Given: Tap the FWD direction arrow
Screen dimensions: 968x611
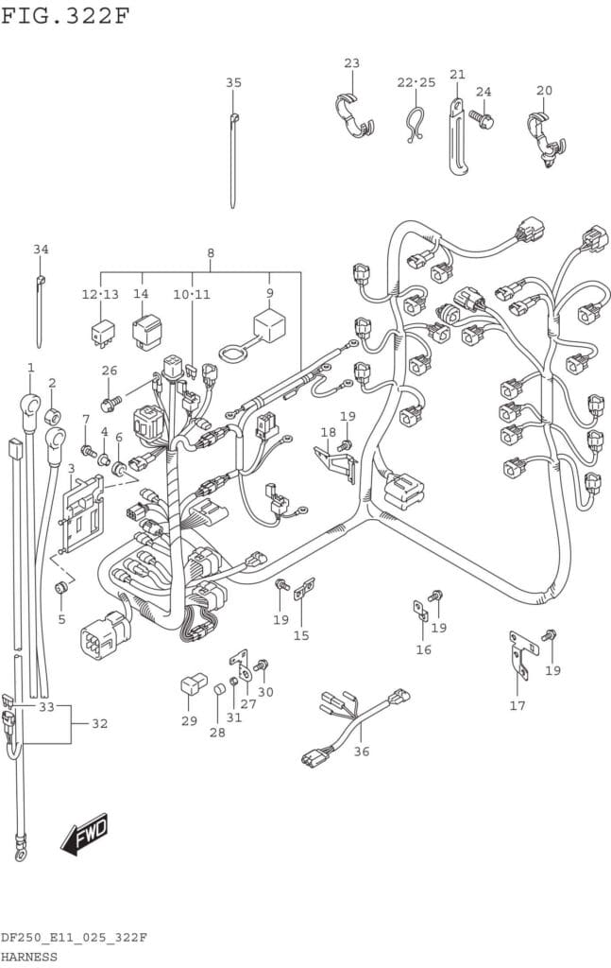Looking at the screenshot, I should (84, 834).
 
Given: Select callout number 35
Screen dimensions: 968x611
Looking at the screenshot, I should (233, 83).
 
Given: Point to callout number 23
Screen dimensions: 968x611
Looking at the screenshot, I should (351, 63).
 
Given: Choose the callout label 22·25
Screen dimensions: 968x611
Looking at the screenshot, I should (416, 83).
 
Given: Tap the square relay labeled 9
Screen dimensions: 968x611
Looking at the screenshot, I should (270, 327).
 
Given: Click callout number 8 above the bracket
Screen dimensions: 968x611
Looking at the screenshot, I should (211, 253).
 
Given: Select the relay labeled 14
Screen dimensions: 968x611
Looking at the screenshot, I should (146, 332).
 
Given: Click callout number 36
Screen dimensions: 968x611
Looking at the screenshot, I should (362, 752).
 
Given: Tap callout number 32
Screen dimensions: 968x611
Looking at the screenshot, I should (99, 723).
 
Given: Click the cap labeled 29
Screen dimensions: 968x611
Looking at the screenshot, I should (193, 684).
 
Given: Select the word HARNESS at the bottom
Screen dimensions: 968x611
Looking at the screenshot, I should (28, 957).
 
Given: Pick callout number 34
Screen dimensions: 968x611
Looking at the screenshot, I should (41, 250).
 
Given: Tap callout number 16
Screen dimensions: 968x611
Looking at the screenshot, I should (423, 649).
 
